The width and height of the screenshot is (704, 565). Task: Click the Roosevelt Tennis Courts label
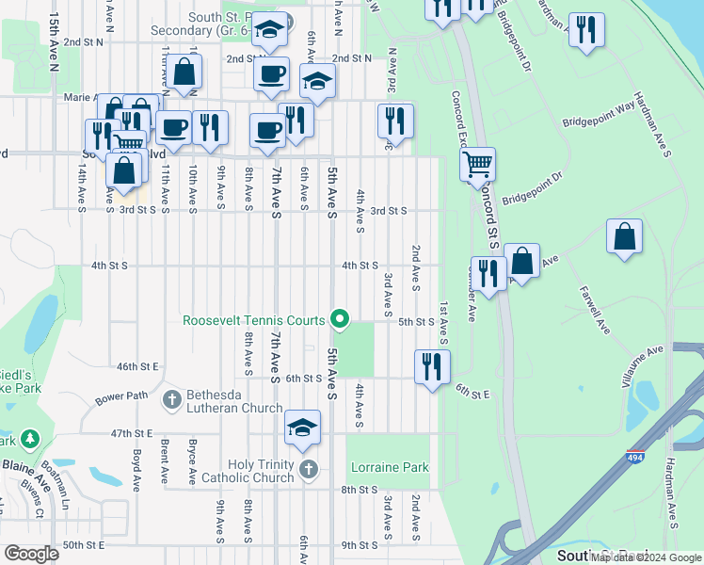click(x=254, y=320)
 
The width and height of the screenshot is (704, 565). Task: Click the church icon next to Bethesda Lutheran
click(x=171, y=399)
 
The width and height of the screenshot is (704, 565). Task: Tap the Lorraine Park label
click(x=390, y=467)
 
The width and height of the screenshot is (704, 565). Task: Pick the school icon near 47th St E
click(x=302, y=428)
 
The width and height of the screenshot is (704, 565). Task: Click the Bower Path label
click(x=120, y=396)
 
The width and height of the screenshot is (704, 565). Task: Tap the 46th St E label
click(x=136, y=365)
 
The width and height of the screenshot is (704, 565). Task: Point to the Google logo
click(x=31, y=554)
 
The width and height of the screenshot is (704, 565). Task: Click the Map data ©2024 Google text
click(x=646, y=557)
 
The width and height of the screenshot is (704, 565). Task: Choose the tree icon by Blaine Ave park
click(x=30, y=439)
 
